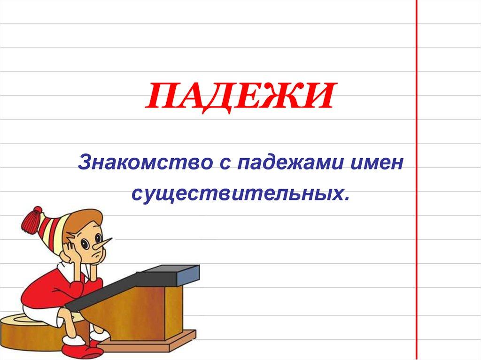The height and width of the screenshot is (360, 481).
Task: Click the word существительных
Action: (237, 193)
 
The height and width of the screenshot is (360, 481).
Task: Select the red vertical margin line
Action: (417, 188)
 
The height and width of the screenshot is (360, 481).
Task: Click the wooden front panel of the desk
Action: (141, 314)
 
